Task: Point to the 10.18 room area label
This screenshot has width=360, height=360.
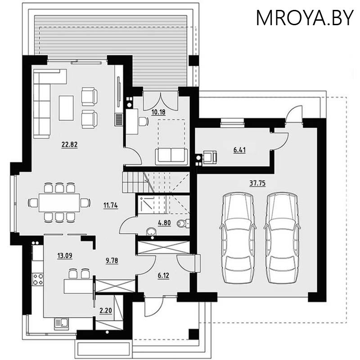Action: click(x=158, y=112)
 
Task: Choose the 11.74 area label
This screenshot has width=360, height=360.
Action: click(x=110, y=205)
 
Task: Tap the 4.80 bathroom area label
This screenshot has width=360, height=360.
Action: click(x=164, y=222)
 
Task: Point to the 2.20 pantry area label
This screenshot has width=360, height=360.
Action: click(x=105, y=310)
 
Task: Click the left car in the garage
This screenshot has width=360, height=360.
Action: click(x=238, y=238)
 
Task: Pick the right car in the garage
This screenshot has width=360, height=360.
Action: click(x=282, y=238)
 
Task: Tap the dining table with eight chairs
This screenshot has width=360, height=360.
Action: click(x=59, y=202)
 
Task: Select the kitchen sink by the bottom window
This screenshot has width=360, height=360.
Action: click(x=61, y=323)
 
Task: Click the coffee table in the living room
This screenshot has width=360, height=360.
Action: click(x=66, y=108)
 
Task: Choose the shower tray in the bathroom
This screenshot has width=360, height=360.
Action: click(x=146, y=204)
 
